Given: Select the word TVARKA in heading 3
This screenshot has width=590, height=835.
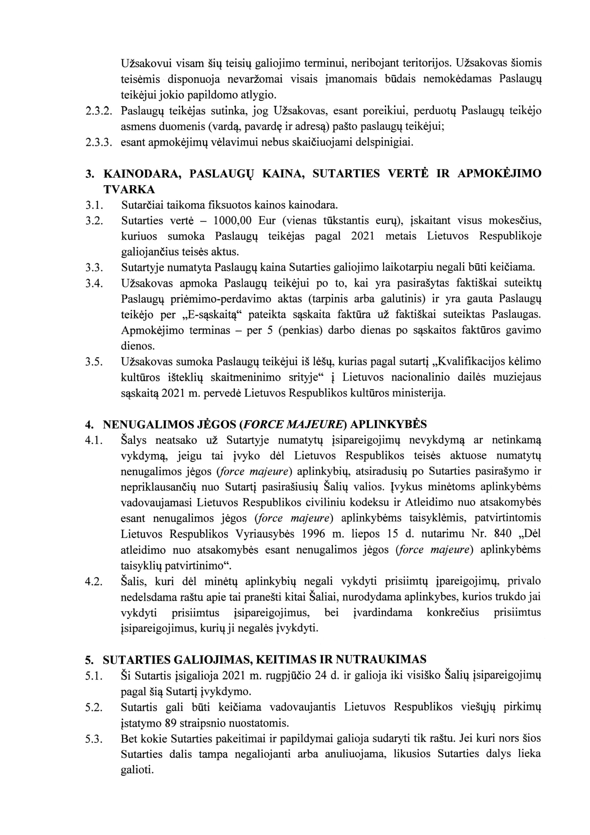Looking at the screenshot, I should tap(129, 189).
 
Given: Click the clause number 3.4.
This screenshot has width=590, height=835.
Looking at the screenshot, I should tap(94, 283).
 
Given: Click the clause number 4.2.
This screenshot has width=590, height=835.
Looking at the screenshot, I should tap(94, 581).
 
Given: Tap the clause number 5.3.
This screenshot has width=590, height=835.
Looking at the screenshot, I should tap(94, 739).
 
